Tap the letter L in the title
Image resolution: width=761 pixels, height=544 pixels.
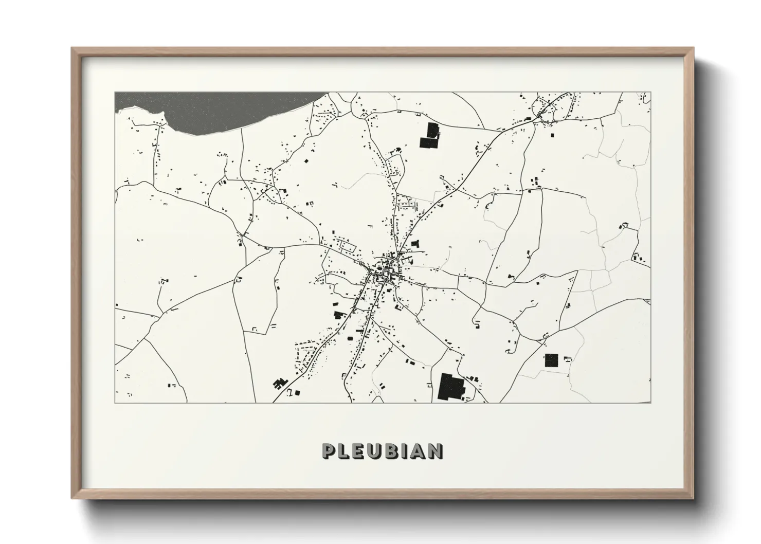345,451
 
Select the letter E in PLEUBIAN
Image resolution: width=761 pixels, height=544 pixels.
360,451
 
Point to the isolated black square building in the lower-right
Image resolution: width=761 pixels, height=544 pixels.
551,360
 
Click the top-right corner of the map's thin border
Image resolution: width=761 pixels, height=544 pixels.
651,93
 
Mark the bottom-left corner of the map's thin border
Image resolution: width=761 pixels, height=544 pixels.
115,403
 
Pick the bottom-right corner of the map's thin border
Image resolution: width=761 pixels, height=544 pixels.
651,403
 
